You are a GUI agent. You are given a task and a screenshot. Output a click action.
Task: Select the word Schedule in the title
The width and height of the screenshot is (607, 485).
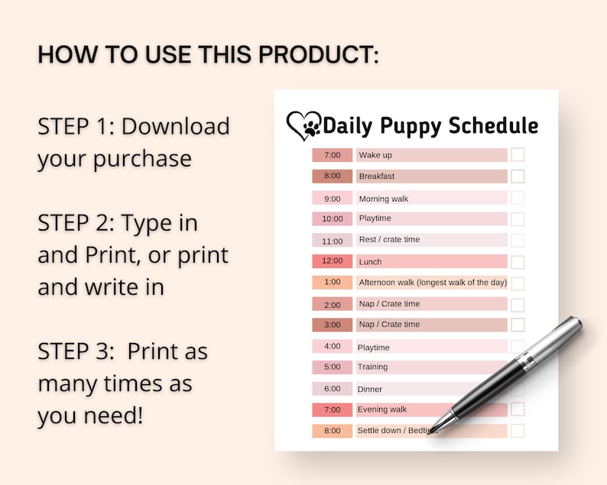click(x=493, y=125)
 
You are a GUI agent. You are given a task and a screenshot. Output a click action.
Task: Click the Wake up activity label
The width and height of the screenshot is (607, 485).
click(x=375, y=155)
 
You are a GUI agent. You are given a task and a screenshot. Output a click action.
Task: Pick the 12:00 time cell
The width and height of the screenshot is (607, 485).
click(x=332, y=261)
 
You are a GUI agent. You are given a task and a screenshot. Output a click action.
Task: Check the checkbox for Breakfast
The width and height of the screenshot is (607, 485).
click(x=518, y=176)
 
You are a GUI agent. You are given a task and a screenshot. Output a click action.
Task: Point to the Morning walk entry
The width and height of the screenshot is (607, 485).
click(x=383, y=199)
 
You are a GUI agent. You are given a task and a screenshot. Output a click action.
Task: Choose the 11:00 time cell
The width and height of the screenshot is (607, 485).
click(x=332, y=240)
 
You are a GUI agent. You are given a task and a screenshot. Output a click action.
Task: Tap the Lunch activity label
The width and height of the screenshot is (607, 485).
click(x=370, y=261)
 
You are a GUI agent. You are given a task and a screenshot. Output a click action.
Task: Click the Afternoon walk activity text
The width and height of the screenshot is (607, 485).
click(x=432, y=283)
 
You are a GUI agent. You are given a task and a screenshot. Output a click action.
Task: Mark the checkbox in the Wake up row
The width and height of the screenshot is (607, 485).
click(x=518, y=155)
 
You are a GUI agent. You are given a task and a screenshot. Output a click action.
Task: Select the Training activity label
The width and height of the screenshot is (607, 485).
click(x=372, y=367)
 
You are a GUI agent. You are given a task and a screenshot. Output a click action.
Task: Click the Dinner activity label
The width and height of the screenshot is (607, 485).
click(x=369, y=389)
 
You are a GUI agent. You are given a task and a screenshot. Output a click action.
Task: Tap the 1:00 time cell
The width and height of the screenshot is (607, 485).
click(x=332, y=283)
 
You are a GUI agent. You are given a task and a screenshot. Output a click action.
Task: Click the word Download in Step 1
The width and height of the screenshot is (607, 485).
click(x=176, y=125)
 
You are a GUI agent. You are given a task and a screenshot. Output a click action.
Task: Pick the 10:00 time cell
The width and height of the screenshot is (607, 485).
click(x=332, y=219)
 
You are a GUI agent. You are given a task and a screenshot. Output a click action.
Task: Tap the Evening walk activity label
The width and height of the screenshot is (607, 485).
click(x=382, y=409)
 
